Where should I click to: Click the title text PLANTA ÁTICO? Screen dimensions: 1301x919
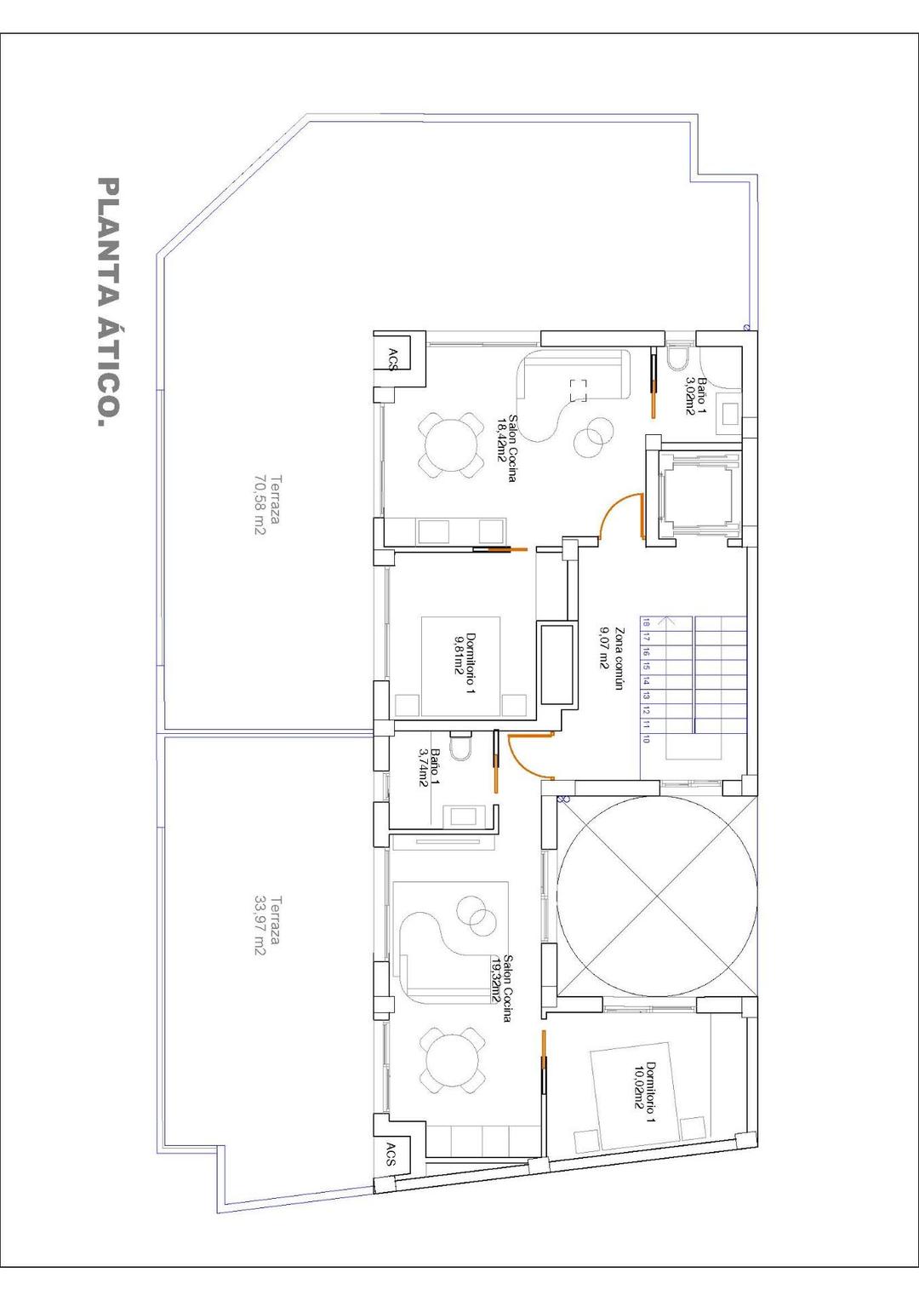109,302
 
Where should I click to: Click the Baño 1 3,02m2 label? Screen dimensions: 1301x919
696,396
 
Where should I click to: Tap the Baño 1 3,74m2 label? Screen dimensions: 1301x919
429,767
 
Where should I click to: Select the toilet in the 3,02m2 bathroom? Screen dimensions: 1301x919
678,358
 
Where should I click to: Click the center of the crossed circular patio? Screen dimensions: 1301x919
656,897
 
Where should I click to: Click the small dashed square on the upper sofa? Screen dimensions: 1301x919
579,390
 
